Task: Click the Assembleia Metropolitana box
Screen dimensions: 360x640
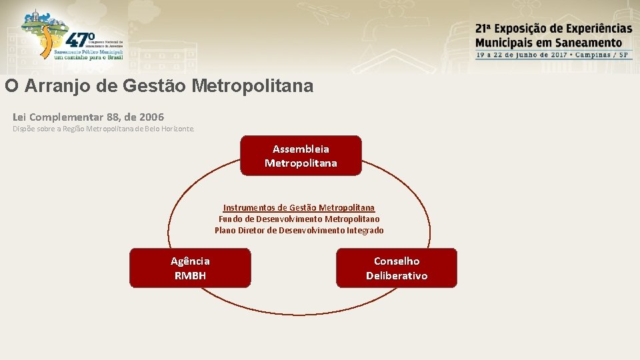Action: [301, 156]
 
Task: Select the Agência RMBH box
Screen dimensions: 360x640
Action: [190, 268]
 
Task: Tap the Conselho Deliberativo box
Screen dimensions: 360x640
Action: [397, 268]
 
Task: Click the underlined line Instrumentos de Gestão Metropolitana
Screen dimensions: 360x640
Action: [299, 208]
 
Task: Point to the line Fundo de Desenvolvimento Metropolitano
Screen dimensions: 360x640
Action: [299, 219]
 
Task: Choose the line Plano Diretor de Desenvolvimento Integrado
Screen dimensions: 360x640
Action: [299, 231]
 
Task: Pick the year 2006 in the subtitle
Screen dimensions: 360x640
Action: [151, 117]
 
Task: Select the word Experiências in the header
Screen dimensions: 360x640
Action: [599, 29]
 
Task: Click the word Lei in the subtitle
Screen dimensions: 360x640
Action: [20, 117]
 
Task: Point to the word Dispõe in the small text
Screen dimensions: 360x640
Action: [24, 129]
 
